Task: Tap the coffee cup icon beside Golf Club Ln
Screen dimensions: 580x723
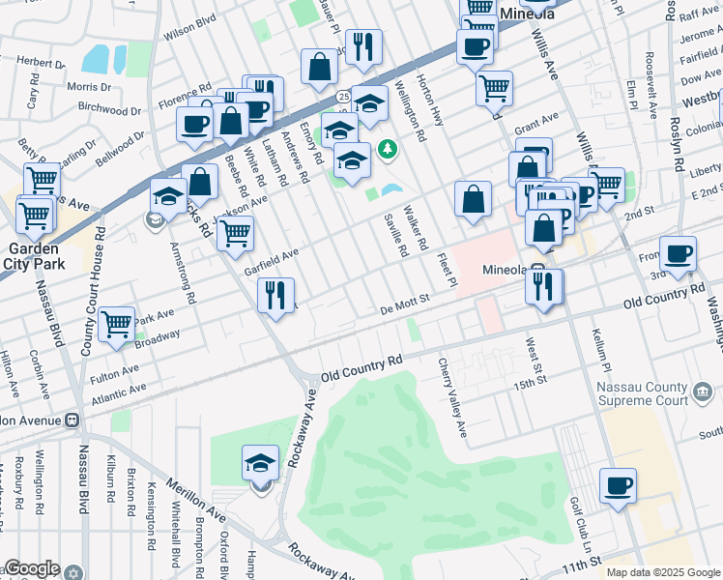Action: pos(618,485)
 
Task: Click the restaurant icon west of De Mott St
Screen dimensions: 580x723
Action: pos(276,295)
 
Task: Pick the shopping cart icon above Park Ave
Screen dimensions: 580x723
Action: pos(117,324)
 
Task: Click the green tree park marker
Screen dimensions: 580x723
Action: pos(387,149)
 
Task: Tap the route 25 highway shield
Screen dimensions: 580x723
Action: pos(343,97)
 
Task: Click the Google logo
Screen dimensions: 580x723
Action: pos(32,568)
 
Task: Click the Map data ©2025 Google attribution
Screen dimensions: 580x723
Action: pos(662,572)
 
